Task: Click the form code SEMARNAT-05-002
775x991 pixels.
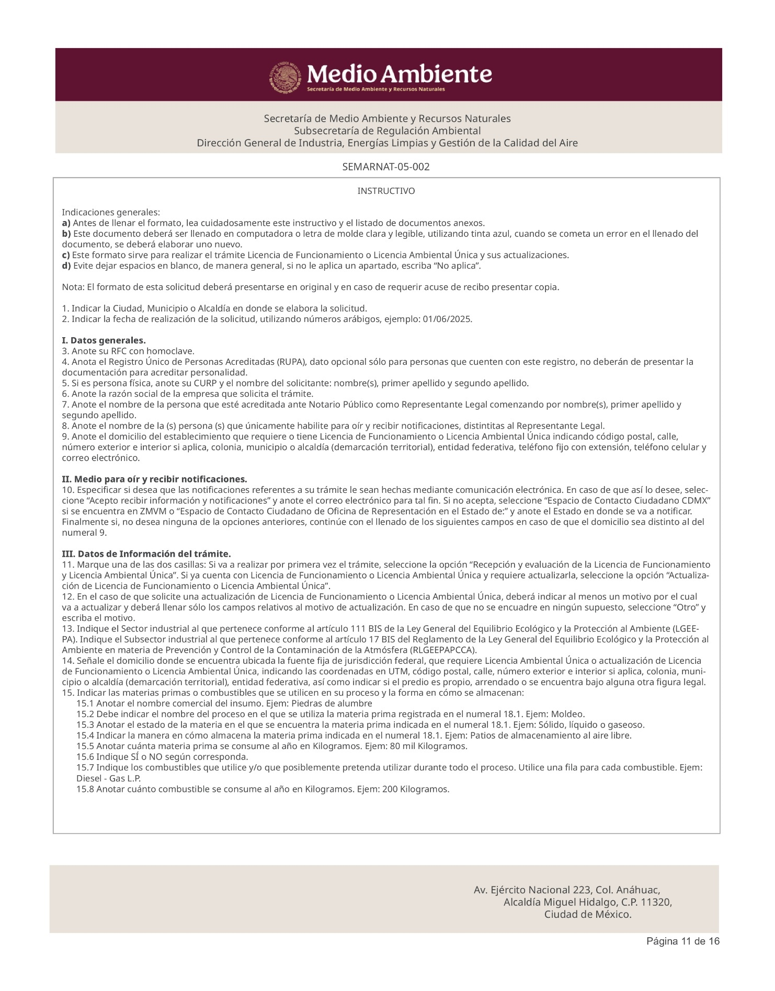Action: click(386, 167)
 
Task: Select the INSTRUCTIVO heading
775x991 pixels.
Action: click(386, 191)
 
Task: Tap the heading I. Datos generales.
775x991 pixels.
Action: click(104, 341)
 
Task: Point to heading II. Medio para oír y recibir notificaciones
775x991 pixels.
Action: click(154, 479)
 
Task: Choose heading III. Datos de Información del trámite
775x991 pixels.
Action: click(146, 554)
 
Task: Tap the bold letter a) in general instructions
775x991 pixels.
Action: click(66, 223)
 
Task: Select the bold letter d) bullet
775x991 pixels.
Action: click(66, 266)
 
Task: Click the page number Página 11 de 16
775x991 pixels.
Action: click(683, 956)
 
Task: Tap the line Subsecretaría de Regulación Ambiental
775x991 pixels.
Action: click(387, 131)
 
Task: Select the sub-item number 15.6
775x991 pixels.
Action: click(85, 757)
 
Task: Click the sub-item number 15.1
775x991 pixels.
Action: click(85, 704)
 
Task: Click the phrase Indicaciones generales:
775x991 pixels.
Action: click(111, 213)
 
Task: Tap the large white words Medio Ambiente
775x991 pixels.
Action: click(399, 75)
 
